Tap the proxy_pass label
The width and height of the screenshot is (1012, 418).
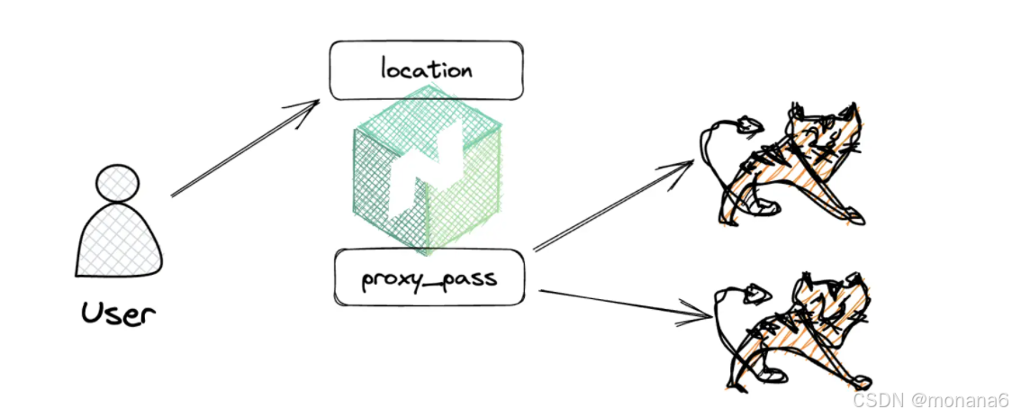tap(428, 278)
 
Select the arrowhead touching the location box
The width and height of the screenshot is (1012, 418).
tap(312, 107)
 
